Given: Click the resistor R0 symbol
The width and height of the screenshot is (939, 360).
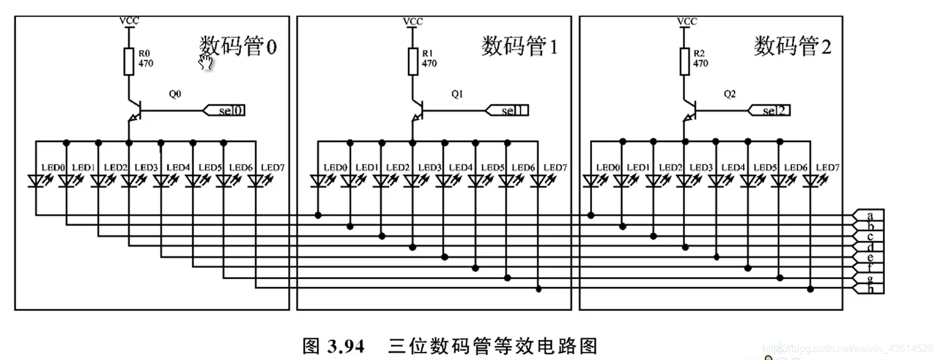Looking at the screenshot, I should pos(129,60).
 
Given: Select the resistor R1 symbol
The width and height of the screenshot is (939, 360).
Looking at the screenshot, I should pos(413,60).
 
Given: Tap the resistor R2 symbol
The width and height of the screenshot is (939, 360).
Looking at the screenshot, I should pos(684,60).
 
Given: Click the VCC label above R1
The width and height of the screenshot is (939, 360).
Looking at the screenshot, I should pos(413,21).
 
